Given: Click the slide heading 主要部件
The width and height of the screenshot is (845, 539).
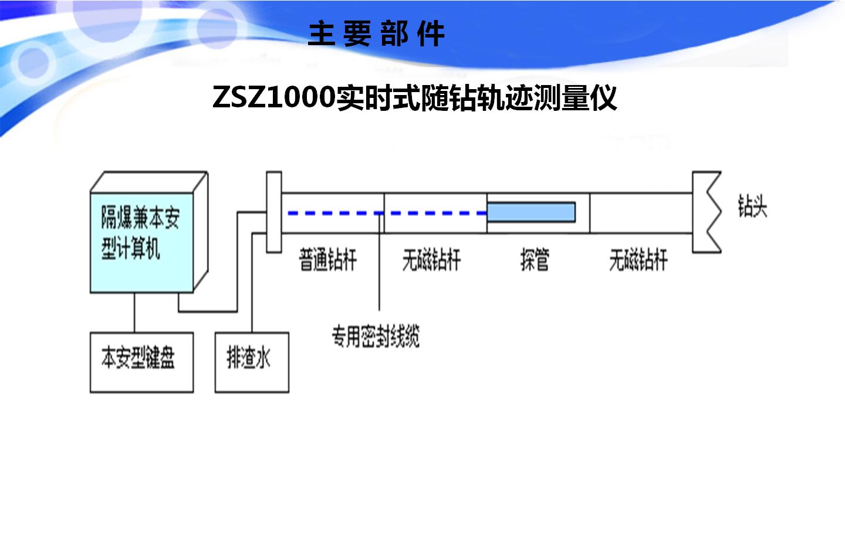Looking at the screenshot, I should tap(376, 34).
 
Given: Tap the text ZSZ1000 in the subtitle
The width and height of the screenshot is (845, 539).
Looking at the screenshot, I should tap(273, 97).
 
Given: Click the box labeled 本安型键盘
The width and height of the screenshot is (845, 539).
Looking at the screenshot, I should tap(141, 362).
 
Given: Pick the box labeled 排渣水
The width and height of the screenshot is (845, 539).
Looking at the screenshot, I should tap(252, 362).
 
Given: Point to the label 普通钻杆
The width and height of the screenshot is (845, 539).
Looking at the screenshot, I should tap(327, 260).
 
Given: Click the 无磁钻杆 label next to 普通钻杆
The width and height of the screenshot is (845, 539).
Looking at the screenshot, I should tap(431, 260).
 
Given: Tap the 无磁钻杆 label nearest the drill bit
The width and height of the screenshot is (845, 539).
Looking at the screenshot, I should tap(638, 260).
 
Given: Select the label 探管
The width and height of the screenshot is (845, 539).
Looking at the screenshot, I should tap(535, 260).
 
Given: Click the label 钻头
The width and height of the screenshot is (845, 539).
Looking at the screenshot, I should tap(752, 206).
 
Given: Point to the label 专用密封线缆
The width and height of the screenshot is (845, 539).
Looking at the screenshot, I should tap(376, 337).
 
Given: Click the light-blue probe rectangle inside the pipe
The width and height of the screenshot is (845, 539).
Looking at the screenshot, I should tap(531, 212).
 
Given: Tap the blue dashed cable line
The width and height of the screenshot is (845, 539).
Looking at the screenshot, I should tap(352, 213).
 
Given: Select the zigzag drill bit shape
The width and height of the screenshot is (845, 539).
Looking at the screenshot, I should tap(707, 212).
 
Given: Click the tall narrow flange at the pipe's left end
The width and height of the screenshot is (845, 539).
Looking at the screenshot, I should tap(274, 212).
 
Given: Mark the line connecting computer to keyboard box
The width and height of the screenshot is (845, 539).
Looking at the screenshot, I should tap(134, 313).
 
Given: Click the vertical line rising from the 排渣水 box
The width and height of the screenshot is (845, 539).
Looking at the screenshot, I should tap(252, 282).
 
